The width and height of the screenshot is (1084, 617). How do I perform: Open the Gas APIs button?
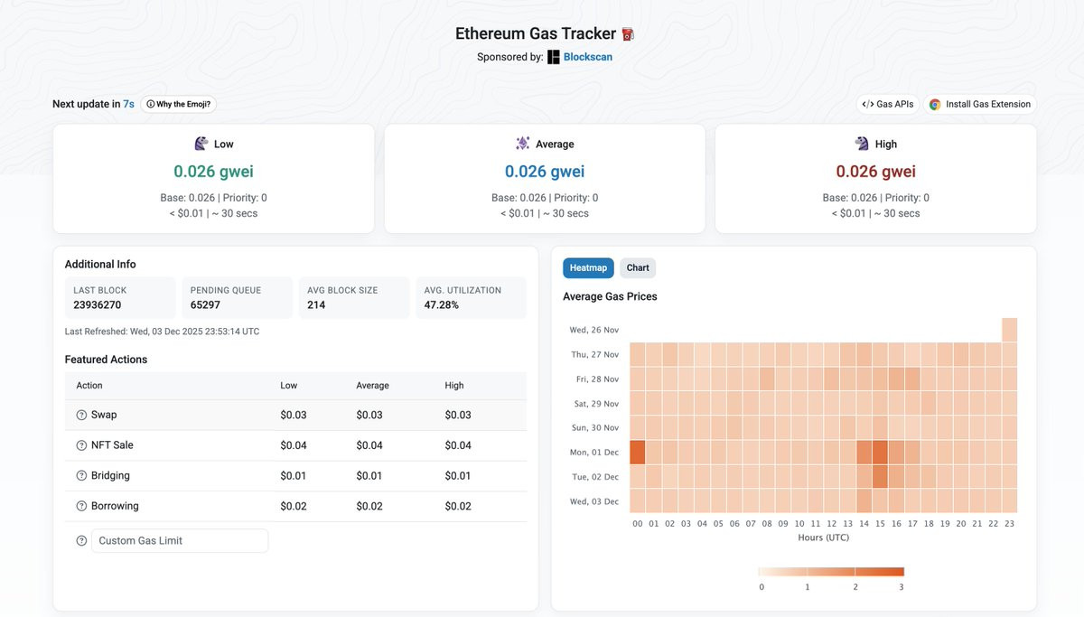coord(888,104)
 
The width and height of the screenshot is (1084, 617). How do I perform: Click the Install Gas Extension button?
coord(979,104)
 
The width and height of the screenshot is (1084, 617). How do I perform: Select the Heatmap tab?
coord(588,267)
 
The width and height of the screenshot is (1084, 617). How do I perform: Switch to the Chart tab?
coord(638,267)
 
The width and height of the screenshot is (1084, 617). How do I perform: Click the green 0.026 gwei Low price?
coord(213,172)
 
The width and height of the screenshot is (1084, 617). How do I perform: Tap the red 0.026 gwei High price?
coord(875,172)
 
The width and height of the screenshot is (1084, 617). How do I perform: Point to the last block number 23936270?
coord(98,305)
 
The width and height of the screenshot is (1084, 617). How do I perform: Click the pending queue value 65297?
coord(206,305)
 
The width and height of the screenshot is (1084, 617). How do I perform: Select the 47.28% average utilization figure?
coord(442,305)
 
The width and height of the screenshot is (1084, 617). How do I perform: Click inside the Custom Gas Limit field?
coord(180,540)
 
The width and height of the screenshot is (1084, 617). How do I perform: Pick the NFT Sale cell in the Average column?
coord(369,445)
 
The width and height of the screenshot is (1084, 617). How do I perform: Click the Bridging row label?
coord(110,476)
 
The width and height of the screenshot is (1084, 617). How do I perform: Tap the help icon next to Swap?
coord(81,416)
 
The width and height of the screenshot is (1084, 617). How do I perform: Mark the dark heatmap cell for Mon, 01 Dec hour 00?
coord(638,452)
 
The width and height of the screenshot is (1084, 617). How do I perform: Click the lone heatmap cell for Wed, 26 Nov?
coord(1009,330)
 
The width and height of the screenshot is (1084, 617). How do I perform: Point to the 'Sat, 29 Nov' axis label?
coord(593,404)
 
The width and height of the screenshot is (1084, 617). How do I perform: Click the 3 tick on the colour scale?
coord(901,587)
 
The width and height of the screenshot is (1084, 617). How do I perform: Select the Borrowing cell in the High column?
coord(458,507)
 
